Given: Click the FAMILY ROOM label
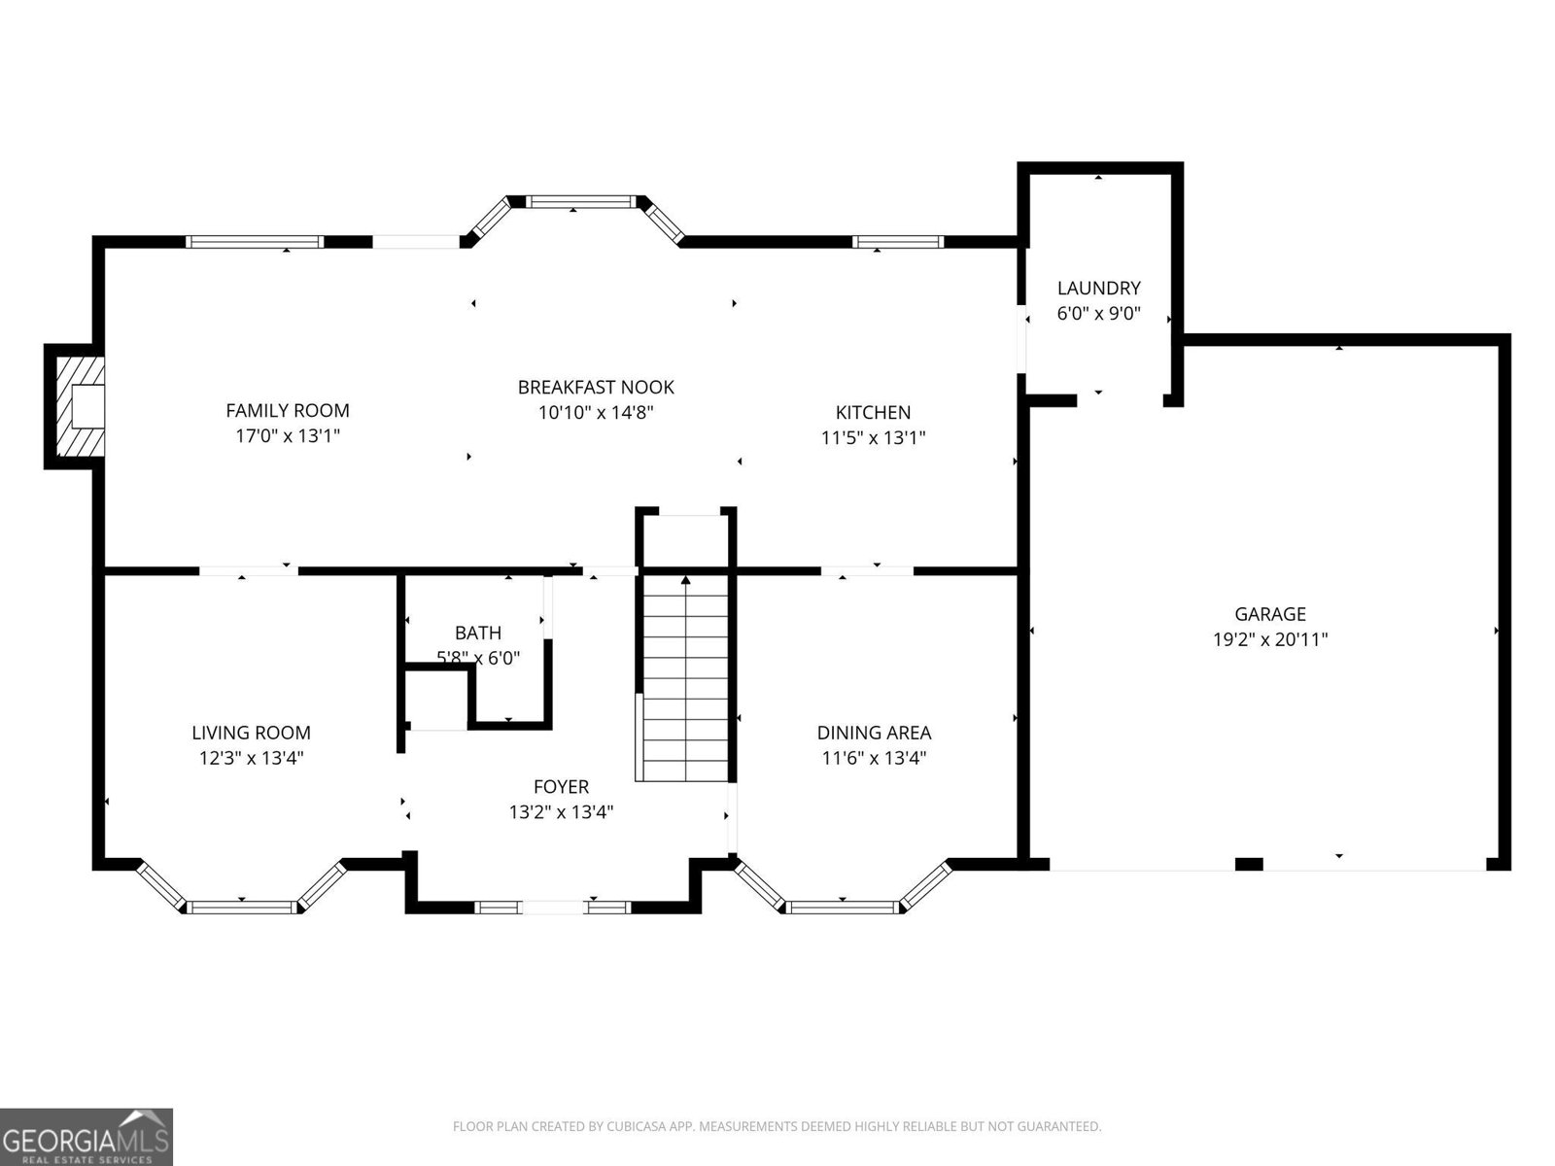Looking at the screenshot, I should pos(288,410).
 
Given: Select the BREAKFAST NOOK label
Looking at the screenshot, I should pos(596,387).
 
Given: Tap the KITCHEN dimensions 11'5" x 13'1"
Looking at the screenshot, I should pos(873,437).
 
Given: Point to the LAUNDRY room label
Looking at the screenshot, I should pos(1098,288).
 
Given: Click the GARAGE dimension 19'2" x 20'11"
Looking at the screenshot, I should pos(1269,639).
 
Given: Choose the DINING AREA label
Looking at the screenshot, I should pos(874,733).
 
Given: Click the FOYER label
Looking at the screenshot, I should pos(561,786).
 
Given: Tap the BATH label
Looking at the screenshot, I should pos(478,633).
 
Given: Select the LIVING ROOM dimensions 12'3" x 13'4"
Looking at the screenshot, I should pos(252,758).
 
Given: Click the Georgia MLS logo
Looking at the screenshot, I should pos(86,1136).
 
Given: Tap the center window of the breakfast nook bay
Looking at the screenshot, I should pos(579,202).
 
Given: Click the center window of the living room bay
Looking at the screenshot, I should pos(241,907).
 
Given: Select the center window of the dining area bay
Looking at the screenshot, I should pos(842,907).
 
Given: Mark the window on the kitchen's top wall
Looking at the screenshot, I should pos(897,242).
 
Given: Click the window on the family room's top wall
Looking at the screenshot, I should pos(255,242).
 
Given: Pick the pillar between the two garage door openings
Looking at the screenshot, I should pos(1249,864).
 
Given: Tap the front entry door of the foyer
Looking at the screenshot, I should pos(552,908).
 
